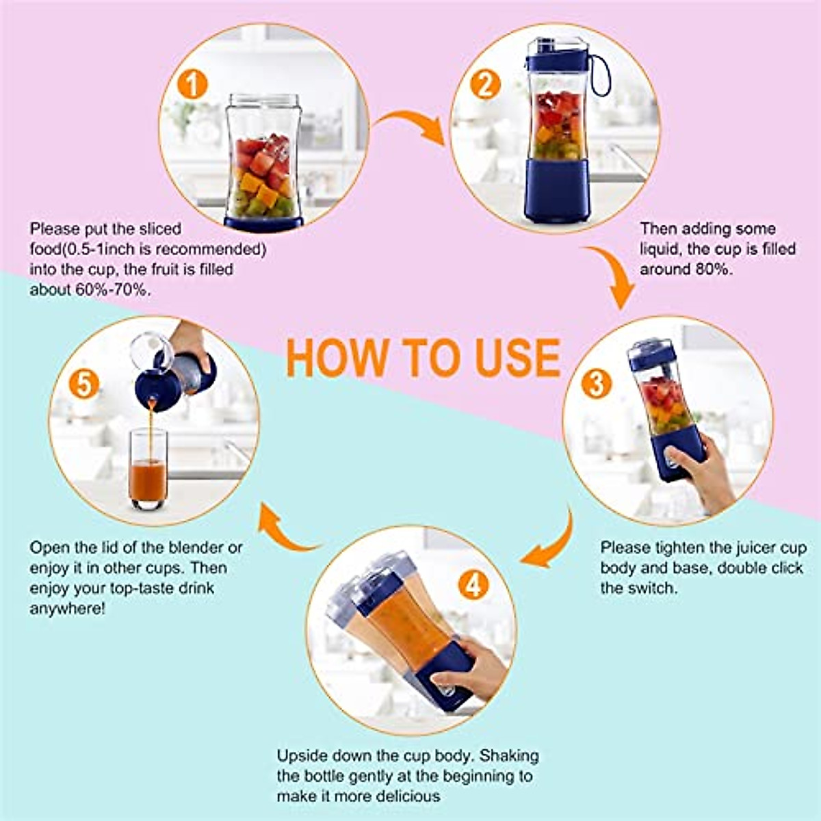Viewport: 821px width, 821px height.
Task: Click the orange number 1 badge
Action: pos(192,86)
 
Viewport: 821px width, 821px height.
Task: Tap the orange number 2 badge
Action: pos(485,86)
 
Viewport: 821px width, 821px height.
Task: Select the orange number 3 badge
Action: pos(596,384)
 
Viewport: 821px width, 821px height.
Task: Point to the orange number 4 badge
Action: pos(473,584)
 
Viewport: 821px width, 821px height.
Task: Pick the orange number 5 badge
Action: pos(83,385)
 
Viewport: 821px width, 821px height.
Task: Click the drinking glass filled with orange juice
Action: pos(147,469)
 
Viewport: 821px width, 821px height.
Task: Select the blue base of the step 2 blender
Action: pos(558,190)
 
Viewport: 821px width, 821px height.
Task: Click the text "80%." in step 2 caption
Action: pos(709,270)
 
